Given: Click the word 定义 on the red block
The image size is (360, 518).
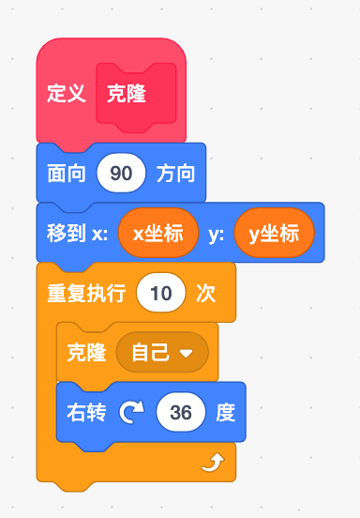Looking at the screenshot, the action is click(x=67, y=93).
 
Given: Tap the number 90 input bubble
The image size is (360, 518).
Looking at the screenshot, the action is click(x=121, y=173).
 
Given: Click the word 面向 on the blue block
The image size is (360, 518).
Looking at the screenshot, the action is click(x=67, y=173).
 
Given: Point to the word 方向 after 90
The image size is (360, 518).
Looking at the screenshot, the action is click(x=175, y=173).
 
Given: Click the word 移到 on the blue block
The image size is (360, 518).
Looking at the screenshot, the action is click(x=67, y=233).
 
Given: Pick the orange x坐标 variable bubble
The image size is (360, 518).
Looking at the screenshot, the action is click(x=158, y=233).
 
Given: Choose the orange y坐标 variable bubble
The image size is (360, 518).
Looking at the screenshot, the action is click(x=274, y=233).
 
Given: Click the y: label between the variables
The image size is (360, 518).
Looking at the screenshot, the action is click(x=217, y=235).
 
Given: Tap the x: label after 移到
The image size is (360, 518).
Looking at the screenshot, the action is click(x=99, y=234).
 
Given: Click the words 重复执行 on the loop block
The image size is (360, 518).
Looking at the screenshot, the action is click(x=86, y=293).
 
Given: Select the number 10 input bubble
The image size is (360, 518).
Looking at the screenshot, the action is click(x=161, y=293).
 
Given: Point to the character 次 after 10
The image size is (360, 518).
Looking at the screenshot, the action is click(x=206, y=293).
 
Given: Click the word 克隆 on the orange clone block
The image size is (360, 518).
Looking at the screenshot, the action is click(x=86, y=353).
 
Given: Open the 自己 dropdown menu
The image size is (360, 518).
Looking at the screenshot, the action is click(x=162, y=352).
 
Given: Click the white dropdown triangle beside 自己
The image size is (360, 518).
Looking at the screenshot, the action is click(x=186, y=354).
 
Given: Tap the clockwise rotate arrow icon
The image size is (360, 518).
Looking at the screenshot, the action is click(x=131, y=412).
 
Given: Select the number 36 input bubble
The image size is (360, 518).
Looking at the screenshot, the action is click(x=181, y=412).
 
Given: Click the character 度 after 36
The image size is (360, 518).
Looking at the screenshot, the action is click(x=226, y=412).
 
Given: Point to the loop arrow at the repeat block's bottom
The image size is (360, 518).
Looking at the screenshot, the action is click(x=213, y=463).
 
